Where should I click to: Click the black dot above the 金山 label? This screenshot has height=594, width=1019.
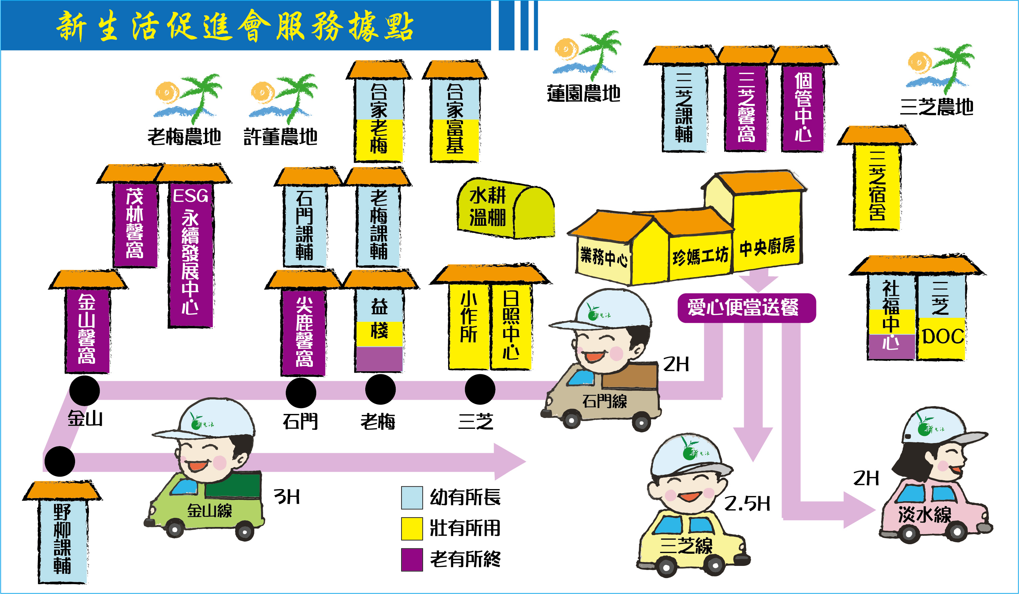tap(85, 391)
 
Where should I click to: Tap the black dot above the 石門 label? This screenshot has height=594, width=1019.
tap(301, 393)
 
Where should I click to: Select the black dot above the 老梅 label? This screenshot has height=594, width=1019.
tap(380, 389)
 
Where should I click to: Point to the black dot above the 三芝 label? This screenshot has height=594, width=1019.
tap(480, 389)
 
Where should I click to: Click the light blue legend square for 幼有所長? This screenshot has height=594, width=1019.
tap(412, 497)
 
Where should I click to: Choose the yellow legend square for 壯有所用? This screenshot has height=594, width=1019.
tap(412, 528)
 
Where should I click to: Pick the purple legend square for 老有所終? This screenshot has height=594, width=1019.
tap(412, 559)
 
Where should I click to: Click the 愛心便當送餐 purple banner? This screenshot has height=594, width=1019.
tap(746, 308)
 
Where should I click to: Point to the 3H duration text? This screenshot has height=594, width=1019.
tap(287, 497)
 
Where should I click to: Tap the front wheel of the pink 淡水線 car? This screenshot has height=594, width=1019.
tap(957, 532)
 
